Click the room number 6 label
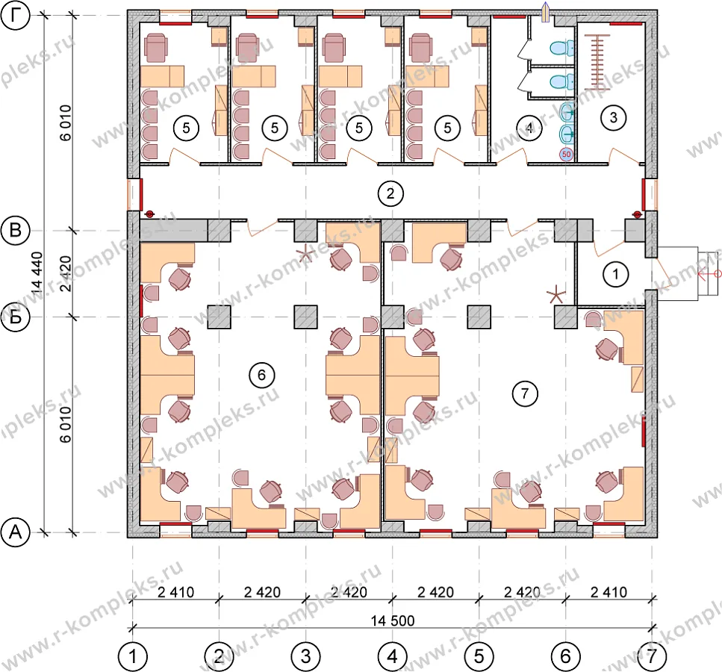coord(261,375)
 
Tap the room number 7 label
coord(524,393)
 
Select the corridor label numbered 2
coord(390,193)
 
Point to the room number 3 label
coord(613,117)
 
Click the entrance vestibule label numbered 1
coord(616,274)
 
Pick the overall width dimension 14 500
coord(393,620)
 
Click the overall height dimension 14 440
coord(37,273)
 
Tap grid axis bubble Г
coord(16,16)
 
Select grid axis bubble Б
coord(16,317)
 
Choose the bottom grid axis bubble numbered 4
coord(392,656)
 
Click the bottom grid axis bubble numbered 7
coord(652,656)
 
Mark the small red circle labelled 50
coord(567,155)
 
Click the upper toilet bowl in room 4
coord(561,48)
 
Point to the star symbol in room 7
coord(556,294)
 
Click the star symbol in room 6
coord(305,254)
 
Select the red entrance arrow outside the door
coord(710,274)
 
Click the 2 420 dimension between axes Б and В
coord(66,273)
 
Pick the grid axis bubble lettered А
coord(16,532)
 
